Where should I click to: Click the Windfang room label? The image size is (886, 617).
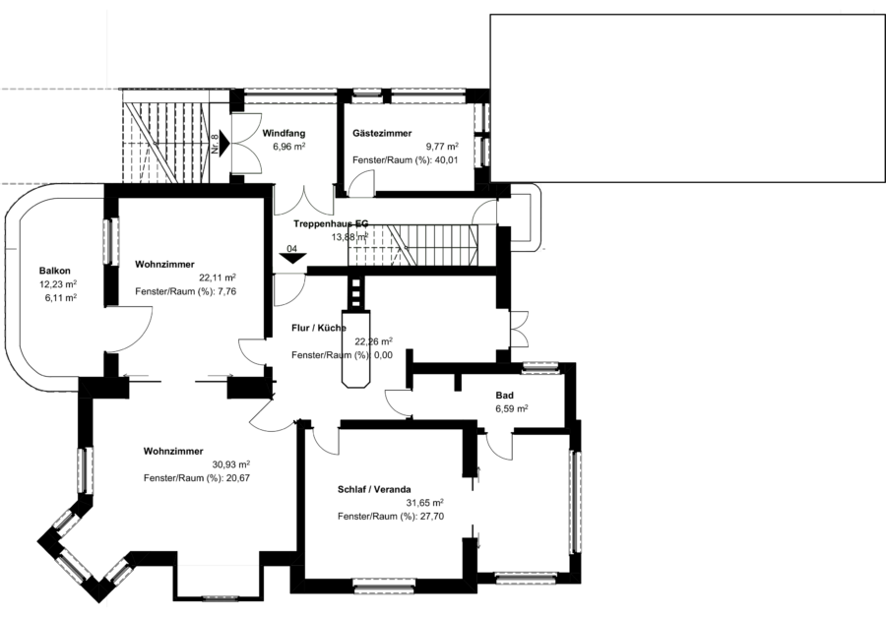pyautogui.click(x=284, y=134)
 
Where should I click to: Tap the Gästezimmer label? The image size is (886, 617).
pyautogui.click(x=382, y=134)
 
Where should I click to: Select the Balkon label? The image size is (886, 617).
pyautogui.click(x=55, y=271)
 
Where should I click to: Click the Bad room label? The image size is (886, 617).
pyautogui.click(x=505, y=395)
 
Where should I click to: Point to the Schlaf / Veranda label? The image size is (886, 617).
pyautogui.click(x=374, y=489)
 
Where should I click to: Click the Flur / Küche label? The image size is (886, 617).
pyautogui.click(x=319, y=328)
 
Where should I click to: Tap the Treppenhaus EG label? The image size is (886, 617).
pyautogui.click(x=331, y=223)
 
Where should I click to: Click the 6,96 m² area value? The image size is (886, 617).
pyautogui.click(x=289, y=147)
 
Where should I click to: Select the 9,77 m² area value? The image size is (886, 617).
pyautogui.click(x=442, y=147)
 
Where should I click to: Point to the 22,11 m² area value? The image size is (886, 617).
pyautogui.click(x=218, y=278)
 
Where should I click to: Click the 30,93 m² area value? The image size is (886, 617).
pyautogui.click(x=231, y=464)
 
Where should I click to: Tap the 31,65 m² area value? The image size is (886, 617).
pyautogui.click(x=425, y=503)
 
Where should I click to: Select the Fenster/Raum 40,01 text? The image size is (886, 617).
pyautogui.click(x=406, y=159)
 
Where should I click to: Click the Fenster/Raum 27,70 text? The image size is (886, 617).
pyautogui.click(x=391, y=517)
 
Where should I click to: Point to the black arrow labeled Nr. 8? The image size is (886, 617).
pyautogui.click(x=223, y=143)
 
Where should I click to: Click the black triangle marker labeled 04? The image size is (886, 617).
pyautogui.click(x=292, y=258)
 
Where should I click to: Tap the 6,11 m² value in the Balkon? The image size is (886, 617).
pyautogui.click(x=60, y=298)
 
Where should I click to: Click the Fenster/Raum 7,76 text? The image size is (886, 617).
pyautogui.click(x=186, y=291)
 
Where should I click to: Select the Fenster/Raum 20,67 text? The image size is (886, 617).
pyautogui.click(x=197, y=478)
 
